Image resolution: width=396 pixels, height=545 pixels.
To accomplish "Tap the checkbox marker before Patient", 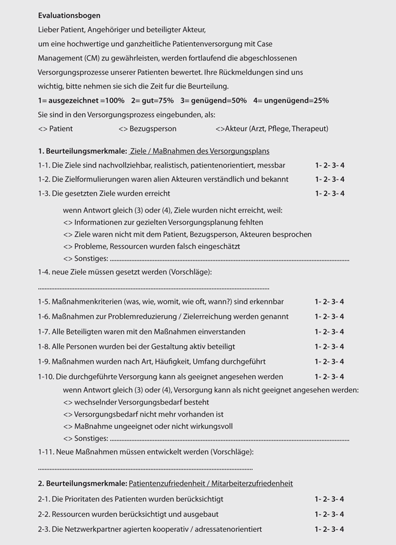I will (42, 129).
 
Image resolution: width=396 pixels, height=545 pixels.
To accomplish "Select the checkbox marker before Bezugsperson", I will (123, 129).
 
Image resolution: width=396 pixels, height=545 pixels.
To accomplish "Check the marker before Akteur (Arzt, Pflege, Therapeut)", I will (221, 129).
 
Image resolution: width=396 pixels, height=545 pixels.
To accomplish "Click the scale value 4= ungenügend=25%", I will (291, 101).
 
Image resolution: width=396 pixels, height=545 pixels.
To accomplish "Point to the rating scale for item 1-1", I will (330, 165).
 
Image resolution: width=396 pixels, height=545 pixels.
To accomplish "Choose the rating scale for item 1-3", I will (330, 193).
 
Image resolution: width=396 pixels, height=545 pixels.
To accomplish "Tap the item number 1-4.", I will (44, 272).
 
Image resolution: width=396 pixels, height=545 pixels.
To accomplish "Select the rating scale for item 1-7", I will (330, 331).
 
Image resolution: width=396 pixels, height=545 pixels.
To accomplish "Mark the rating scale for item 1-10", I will (330, 377).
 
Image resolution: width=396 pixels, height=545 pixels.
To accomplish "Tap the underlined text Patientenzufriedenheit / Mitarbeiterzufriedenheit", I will (211, 483).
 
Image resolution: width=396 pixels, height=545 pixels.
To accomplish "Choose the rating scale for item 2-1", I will (330, 499).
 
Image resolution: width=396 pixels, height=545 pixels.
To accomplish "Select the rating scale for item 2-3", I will (330, 529).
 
